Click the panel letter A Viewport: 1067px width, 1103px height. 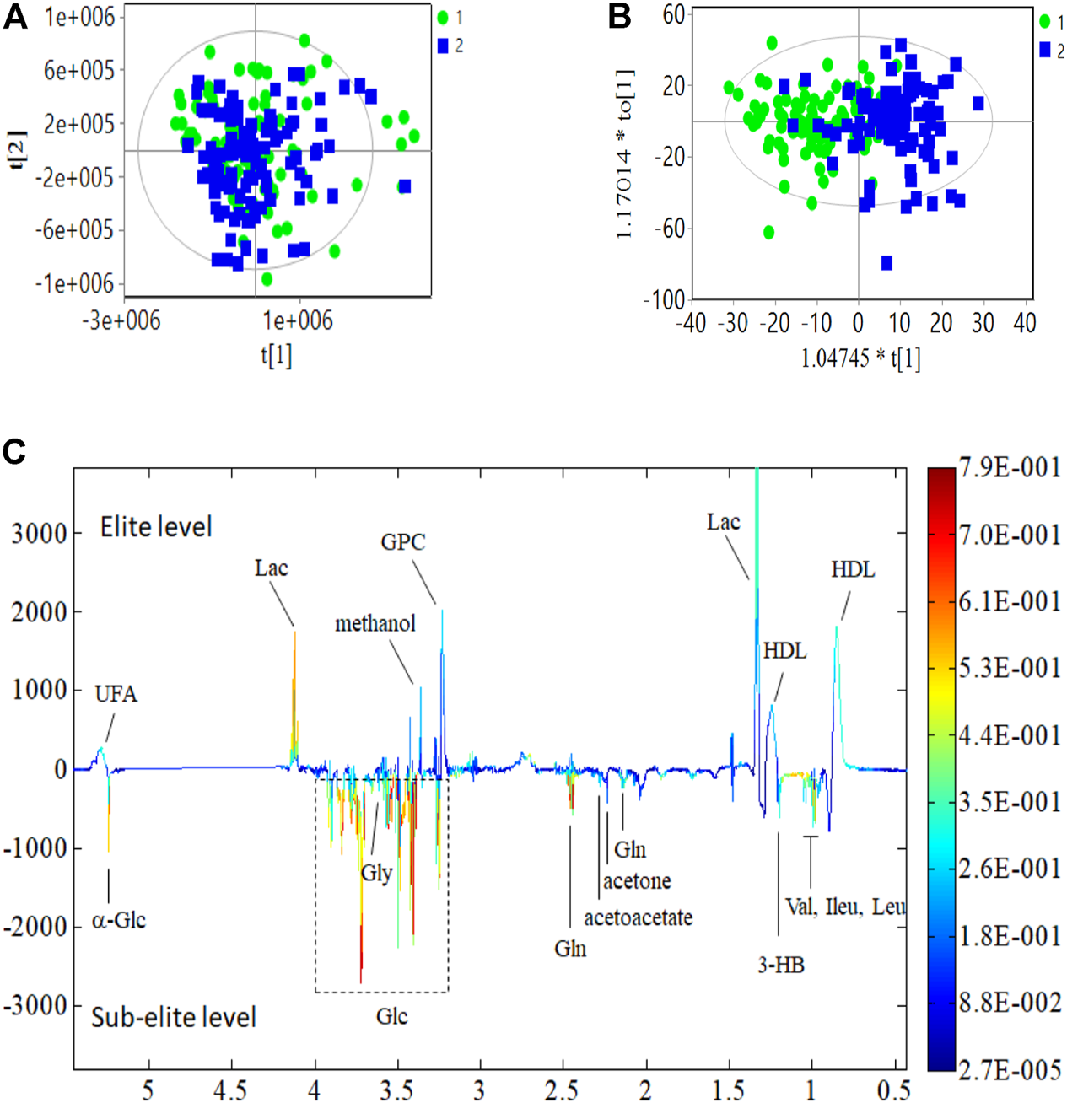click(14, 17)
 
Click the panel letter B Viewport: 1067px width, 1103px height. click(620, 17)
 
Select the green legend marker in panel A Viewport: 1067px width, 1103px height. click(443, 18)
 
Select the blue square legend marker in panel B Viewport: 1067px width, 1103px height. click(1045, 51)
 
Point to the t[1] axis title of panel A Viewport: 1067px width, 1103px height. click(276, 355)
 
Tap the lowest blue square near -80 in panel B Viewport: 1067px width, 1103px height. click(886, 263)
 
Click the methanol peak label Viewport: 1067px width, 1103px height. click(375, 624)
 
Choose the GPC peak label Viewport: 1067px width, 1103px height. click(402, 542)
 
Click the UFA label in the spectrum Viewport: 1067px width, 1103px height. click(116, 694)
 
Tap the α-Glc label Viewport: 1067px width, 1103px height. click(119, 920)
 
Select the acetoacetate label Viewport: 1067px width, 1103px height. click(639, 917)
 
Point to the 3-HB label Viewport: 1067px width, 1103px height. click(780, 965)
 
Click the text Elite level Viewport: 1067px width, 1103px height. click(156, 527)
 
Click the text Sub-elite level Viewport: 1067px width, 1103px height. click(173, 1017)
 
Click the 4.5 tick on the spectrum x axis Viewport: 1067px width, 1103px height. click(229, 1090)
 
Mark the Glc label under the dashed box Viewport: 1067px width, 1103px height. click(391, 1016)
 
